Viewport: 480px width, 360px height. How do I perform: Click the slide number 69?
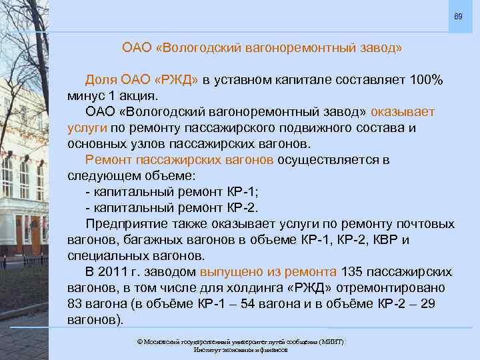point(458,15)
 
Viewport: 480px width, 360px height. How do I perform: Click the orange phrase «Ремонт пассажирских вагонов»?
point(179,159)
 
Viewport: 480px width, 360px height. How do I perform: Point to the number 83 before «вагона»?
point(76,304)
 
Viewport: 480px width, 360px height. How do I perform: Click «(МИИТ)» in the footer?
point(331,341)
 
